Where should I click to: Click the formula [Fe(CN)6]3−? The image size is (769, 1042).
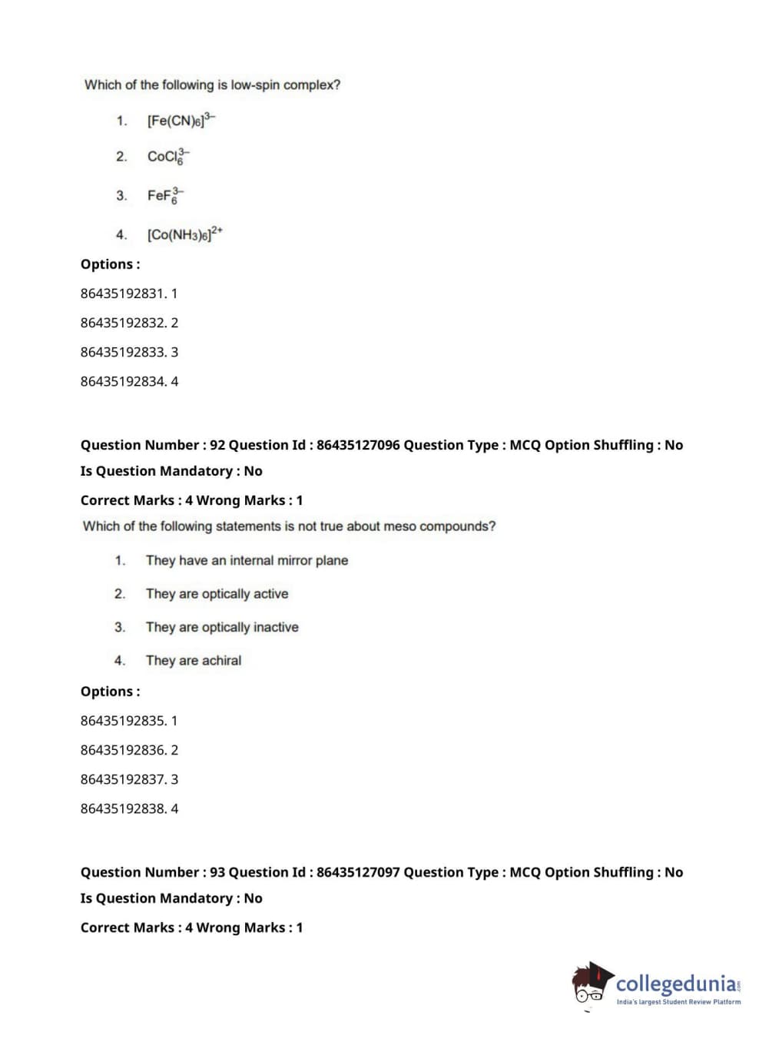(181, 121)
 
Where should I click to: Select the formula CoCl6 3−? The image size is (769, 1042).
(167, 157)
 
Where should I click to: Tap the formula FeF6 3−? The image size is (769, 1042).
(165, 195)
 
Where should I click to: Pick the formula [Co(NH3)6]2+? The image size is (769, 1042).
(184, 234)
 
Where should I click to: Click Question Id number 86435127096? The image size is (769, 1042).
(358, 445)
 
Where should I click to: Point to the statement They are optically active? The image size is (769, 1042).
(217, 594)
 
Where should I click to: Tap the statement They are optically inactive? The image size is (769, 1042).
(222, 627)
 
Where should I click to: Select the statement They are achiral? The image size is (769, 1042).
(194, 660)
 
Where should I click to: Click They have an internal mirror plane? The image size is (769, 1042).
(247, 560)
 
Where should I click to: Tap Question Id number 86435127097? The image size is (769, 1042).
(358, 872)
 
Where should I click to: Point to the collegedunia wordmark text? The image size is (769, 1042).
(676, 984)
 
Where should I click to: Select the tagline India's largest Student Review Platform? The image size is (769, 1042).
(678, 1002)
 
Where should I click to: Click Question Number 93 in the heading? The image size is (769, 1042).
(152, 872)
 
